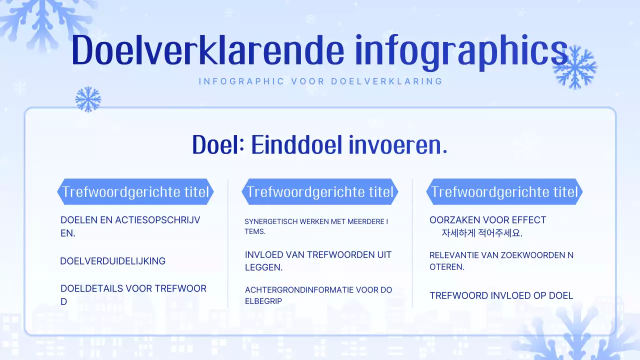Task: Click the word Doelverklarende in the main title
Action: pyautogui.click(x=208, y=49)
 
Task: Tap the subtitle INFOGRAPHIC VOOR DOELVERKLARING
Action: pyautogui.click(x=320, y=81)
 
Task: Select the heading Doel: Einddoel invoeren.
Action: pyautogui.click(x=320, y=145)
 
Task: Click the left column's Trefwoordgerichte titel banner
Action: pyautogui.click(x=135, y=192)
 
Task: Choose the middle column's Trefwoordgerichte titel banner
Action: pyautogui.click(x=320, y=192)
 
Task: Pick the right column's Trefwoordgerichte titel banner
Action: pyautogui.click(x=504, y=192)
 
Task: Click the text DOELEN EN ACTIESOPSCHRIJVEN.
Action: pyautogui.click(x=130, y=226)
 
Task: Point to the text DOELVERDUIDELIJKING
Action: pyautogui.click(x=112, y=261)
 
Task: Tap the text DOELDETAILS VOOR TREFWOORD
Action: pyautogui.click(x=133, y=294)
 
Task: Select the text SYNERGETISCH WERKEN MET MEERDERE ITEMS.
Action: pyautogui.click(x=316, y=226)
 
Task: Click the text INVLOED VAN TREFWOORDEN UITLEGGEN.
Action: pyautogui.click(x=318, y=261)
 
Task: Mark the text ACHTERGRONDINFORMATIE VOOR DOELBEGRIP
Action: pyautogui.click(x=318, y=295)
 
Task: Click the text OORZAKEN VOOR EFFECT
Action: pyautogui.click(x=487, y=220)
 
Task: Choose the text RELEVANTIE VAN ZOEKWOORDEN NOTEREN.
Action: pyautogui.click(x=501, y=261)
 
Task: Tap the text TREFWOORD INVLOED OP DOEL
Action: pyautogui.click(x=501, y=295)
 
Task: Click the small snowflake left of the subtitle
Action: pyautogui.click(x=88, y=99)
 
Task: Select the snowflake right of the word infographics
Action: pyautogui.click(x=575, y=67)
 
